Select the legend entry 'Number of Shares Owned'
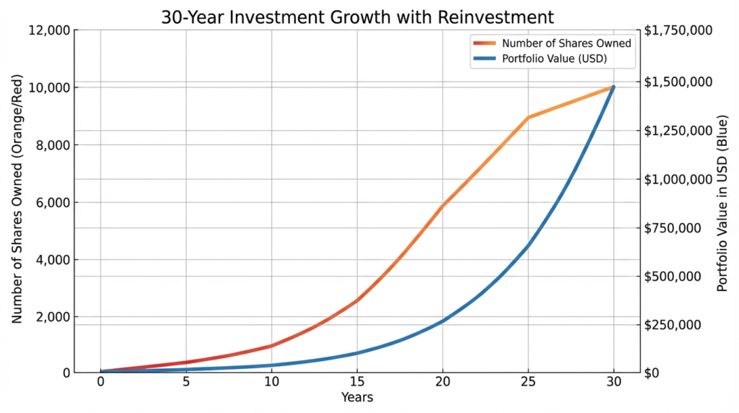(x=566, y=43)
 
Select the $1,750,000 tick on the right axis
(x=678, y=30)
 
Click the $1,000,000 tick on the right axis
(x=678, y=179)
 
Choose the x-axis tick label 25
(x=528, y=382)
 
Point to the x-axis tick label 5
(x=186, y=382)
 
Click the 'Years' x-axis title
(x=357, y=397)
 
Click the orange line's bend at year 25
(x=528, y=117)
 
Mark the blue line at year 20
(x=442, y=321)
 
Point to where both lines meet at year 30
(x=613, y=87)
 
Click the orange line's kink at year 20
(x=442, y=206)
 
